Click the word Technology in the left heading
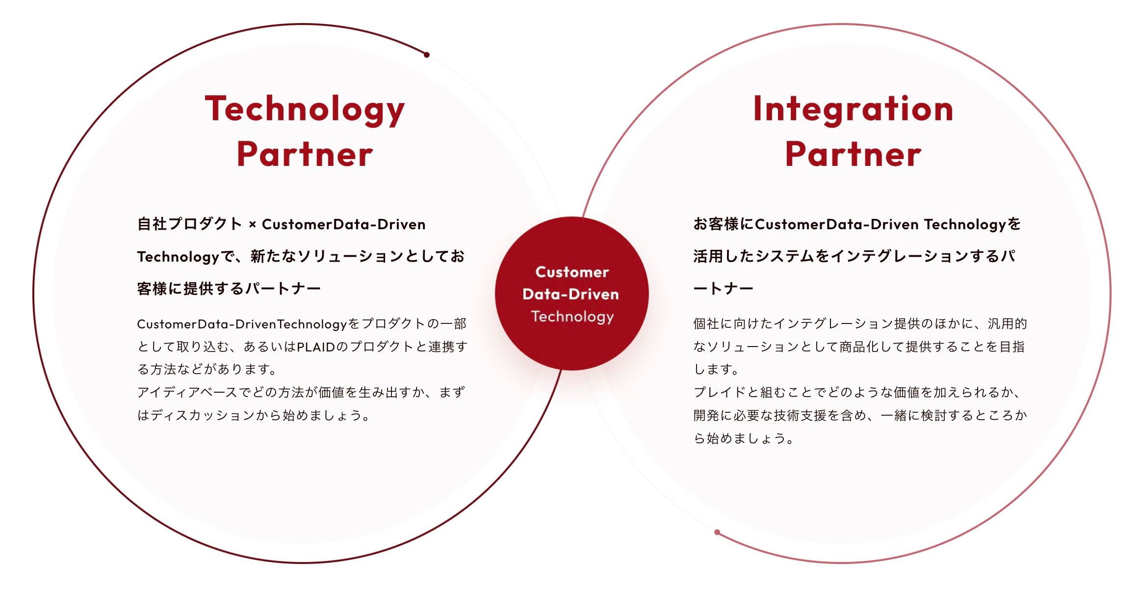[305, 110]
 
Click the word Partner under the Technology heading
[305, 154]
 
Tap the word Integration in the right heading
[853, 110]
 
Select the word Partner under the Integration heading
[853, 154]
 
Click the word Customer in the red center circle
[572, 272]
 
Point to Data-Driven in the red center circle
[571, 294]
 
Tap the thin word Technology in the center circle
[572, 317]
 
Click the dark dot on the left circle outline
[427, 55]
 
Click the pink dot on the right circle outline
[717, 532]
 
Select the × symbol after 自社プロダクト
[252, 225]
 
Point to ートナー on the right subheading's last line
[723, 289]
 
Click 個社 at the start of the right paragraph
[706, 323]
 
